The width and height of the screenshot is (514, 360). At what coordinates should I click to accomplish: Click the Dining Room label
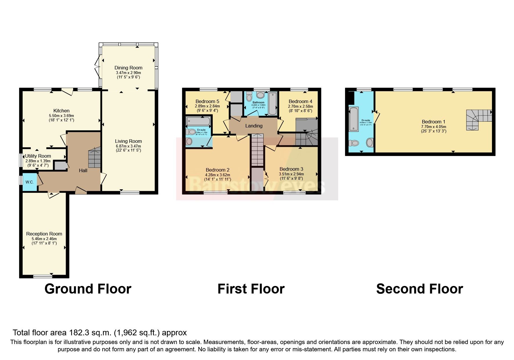(x=128, y=68)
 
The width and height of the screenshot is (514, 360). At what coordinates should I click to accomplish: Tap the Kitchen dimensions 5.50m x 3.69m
(x=61, y=116)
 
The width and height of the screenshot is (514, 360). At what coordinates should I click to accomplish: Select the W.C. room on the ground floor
(x=30, y=182)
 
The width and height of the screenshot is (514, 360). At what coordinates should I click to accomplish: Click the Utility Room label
(x=38, y=156)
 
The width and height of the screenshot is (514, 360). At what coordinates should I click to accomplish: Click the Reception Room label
(x=44, y=234)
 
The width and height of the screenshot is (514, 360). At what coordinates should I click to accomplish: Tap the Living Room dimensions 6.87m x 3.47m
(x=128, y=146)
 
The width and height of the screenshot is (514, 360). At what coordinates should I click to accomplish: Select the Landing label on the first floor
(x=254, y=126)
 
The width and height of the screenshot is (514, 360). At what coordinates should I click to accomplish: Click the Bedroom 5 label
(x=207, y=101)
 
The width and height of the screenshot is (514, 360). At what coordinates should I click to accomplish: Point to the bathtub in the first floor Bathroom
(x=273, y=104)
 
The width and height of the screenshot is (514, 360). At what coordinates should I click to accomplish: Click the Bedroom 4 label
(x=300, y=101)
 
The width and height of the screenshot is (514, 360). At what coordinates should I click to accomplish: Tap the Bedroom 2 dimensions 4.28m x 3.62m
(x=217, y=175)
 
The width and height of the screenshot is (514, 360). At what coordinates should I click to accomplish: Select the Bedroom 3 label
(x=291, y=169)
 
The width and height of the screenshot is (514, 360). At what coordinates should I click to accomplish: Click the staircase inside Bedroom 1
(x=476, y=119)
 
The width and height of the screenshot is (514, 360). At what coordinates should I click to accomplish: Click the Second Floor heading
(x=419, y=289)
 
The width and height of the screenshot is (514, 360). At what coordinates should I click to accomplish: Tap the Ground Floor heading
(x=88, y=289)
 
